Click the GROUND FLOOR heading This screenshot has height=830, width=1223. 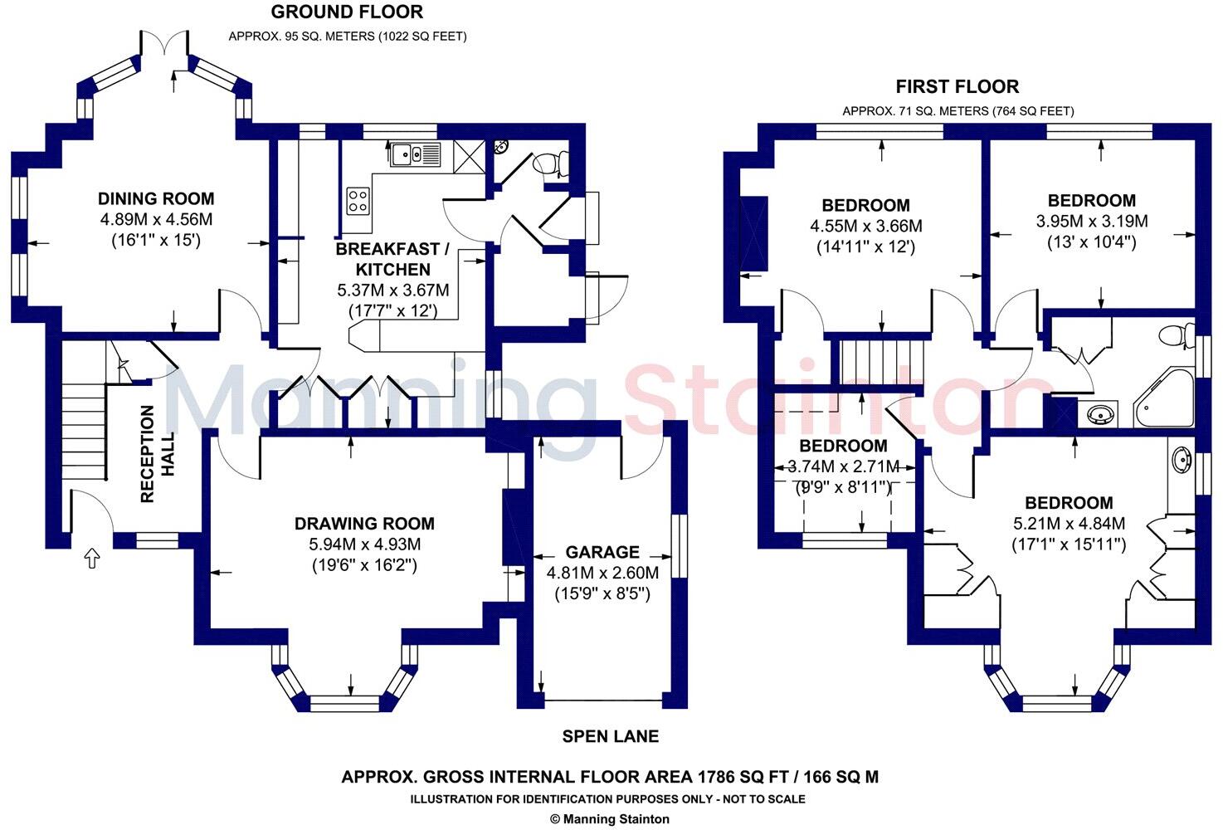(347, 12)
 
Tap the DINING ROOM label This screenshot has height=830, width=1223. (156, 198)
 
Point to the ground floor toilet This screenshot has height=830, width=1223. (552, 164)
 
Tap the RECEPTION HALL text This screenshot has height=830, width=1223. (157, 454)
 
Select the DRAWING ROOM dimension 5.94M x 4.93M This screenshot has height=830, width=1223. (364, 544)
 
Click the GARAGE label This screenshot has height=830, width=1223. (602, 552)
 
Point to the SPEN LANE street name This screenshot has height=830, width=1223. (610, 736)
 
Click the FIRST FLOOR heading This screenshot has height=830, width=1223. (957, 86)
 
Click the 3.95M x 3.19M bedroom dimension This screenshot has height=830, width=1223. (1091, 221)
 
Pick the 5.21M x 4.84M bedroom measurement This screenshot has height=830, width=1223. (1069, 524)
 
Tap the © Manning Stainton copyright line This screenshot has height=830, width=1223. (610, 818)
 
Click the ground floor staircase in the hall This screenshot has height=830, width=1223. (83, 432)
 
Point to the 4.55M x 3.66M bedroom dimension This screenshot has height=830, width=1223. (865, 226)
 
